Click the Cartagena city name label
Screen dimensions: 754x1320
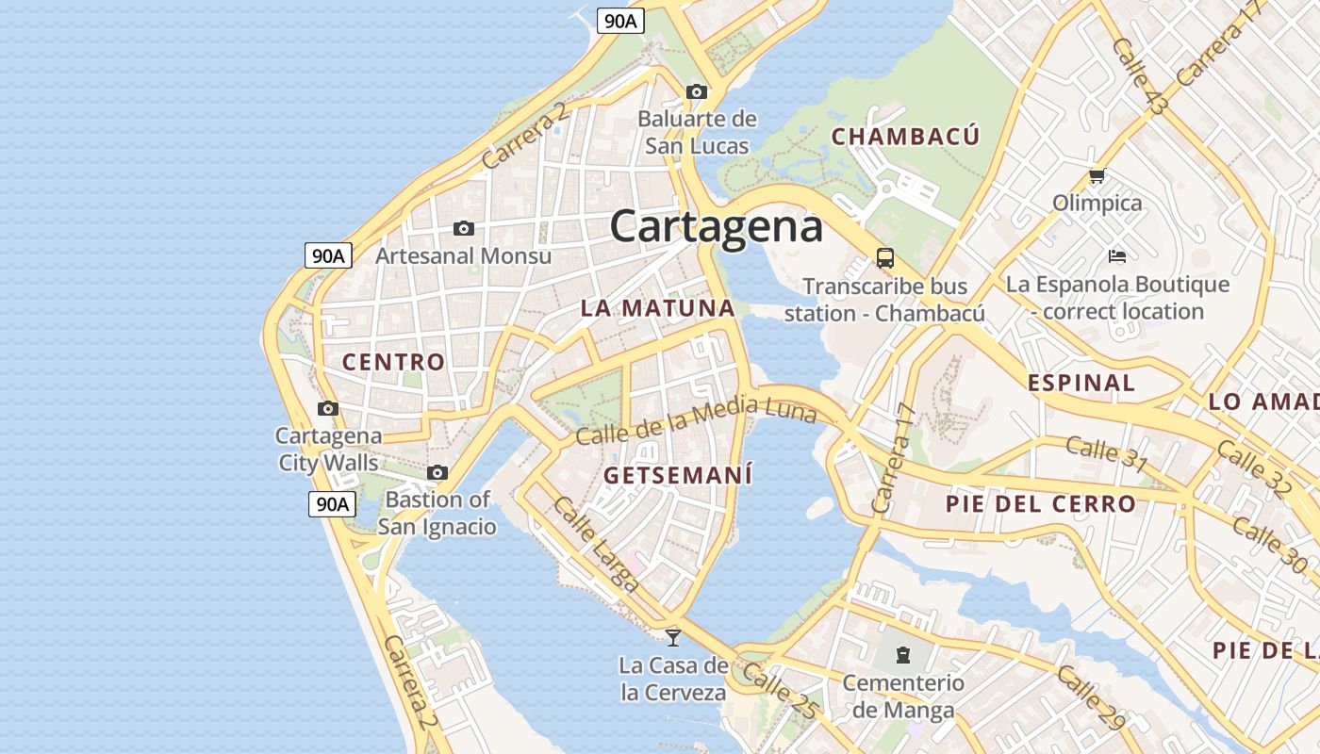pyautogui.click(x=716, y=227)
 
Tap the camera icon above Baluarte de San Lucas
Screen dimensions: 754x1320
pyautogui.click(x=697, y=91)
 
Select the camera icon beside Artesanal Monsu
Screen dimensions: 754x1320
pyautogui.click(x=463, y=228)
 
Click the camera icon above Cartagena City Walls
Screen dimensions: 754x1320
pyautogui.click(x=328, y=408)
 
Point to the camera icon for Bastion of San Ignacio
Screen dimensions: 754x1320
pyautogui.click(x=437, y=472)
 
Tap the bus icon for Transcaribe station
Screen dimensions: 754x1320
pyautogui.click(x=884, y=257)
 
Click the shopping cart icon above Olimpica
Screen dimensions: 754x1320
pyautogui.click(x=1097, y=175)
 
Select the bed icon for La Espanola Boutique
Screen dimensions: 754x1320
pyautogui.click(x=1117, y=255)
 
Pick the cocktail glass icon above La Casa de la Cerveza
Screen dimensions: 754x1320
pyautogui.click(x=672, y=638)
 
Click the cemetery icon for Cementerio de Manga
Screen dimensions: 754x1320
pyautogui.click(x=902, y=654)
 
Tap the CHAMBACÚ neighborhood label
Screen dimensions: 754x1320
pyautogui.click(x=905, y=137)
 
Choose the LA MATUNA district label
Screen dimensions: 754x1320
pyautogui.click(x=657, y=308)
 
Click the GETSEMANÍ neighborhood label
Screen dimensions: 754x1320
pyautogui.click(x=678, y=475)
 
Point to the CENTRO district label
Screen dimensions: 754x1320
pyautogui.click(x=393, y=362)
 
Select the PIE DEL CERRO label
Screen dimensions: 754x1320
pyautogui.click(x=1041, y=503)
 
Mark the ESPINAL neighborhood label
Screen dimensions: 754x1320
pyautogui.click(x=1081, y=383)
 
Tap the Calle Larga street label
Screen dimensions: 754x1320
pyautogui.click(x=596, y=544)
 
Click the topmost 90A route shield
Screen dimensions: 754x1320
pyautogui.click(x=620, y=21)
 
